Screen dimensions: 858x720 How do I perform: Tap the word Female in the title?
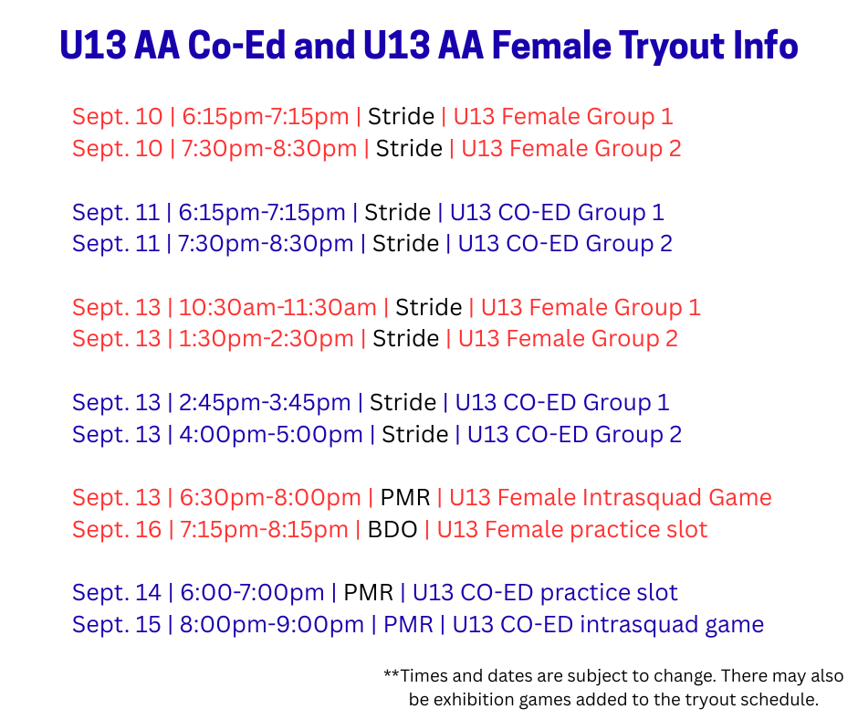551,45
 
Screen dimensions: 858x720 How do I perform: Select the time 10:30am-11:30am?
277,307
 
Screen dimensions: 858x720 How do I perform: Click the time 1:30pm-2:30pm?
266,339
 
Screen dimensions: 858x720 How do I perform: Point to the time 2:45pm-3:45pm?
265,403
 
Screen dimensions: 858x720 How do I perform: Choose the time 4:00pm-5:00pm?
271,435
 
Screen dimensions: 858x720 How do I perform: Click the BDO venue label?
392,530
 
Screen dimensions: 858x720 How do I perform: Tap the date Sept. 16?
117,530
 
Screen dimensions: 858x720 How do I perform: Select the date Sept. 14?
117,593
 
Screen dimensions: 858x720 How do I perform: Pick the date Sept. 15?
117,625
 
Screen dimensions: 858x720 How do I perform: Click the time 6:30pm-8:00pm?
270,498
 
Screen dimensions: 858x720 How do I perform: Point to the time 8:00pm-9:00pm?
272,625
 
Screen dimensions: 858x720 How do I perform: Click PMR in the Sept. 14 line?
368,593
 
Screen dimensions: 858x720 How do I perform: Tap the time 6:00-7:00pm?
252,593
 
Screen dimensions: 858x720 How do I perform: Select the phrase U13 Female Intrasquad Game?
611,498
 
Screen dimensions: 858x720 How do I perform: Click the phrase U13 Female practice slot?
572,530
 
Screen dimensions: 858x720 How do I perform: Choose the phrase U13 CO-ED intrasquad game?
608,625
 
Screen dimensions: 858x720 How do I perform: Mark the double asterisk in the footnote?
392,673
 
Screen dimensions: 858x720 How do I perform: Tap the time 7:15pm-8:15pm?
265,530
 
